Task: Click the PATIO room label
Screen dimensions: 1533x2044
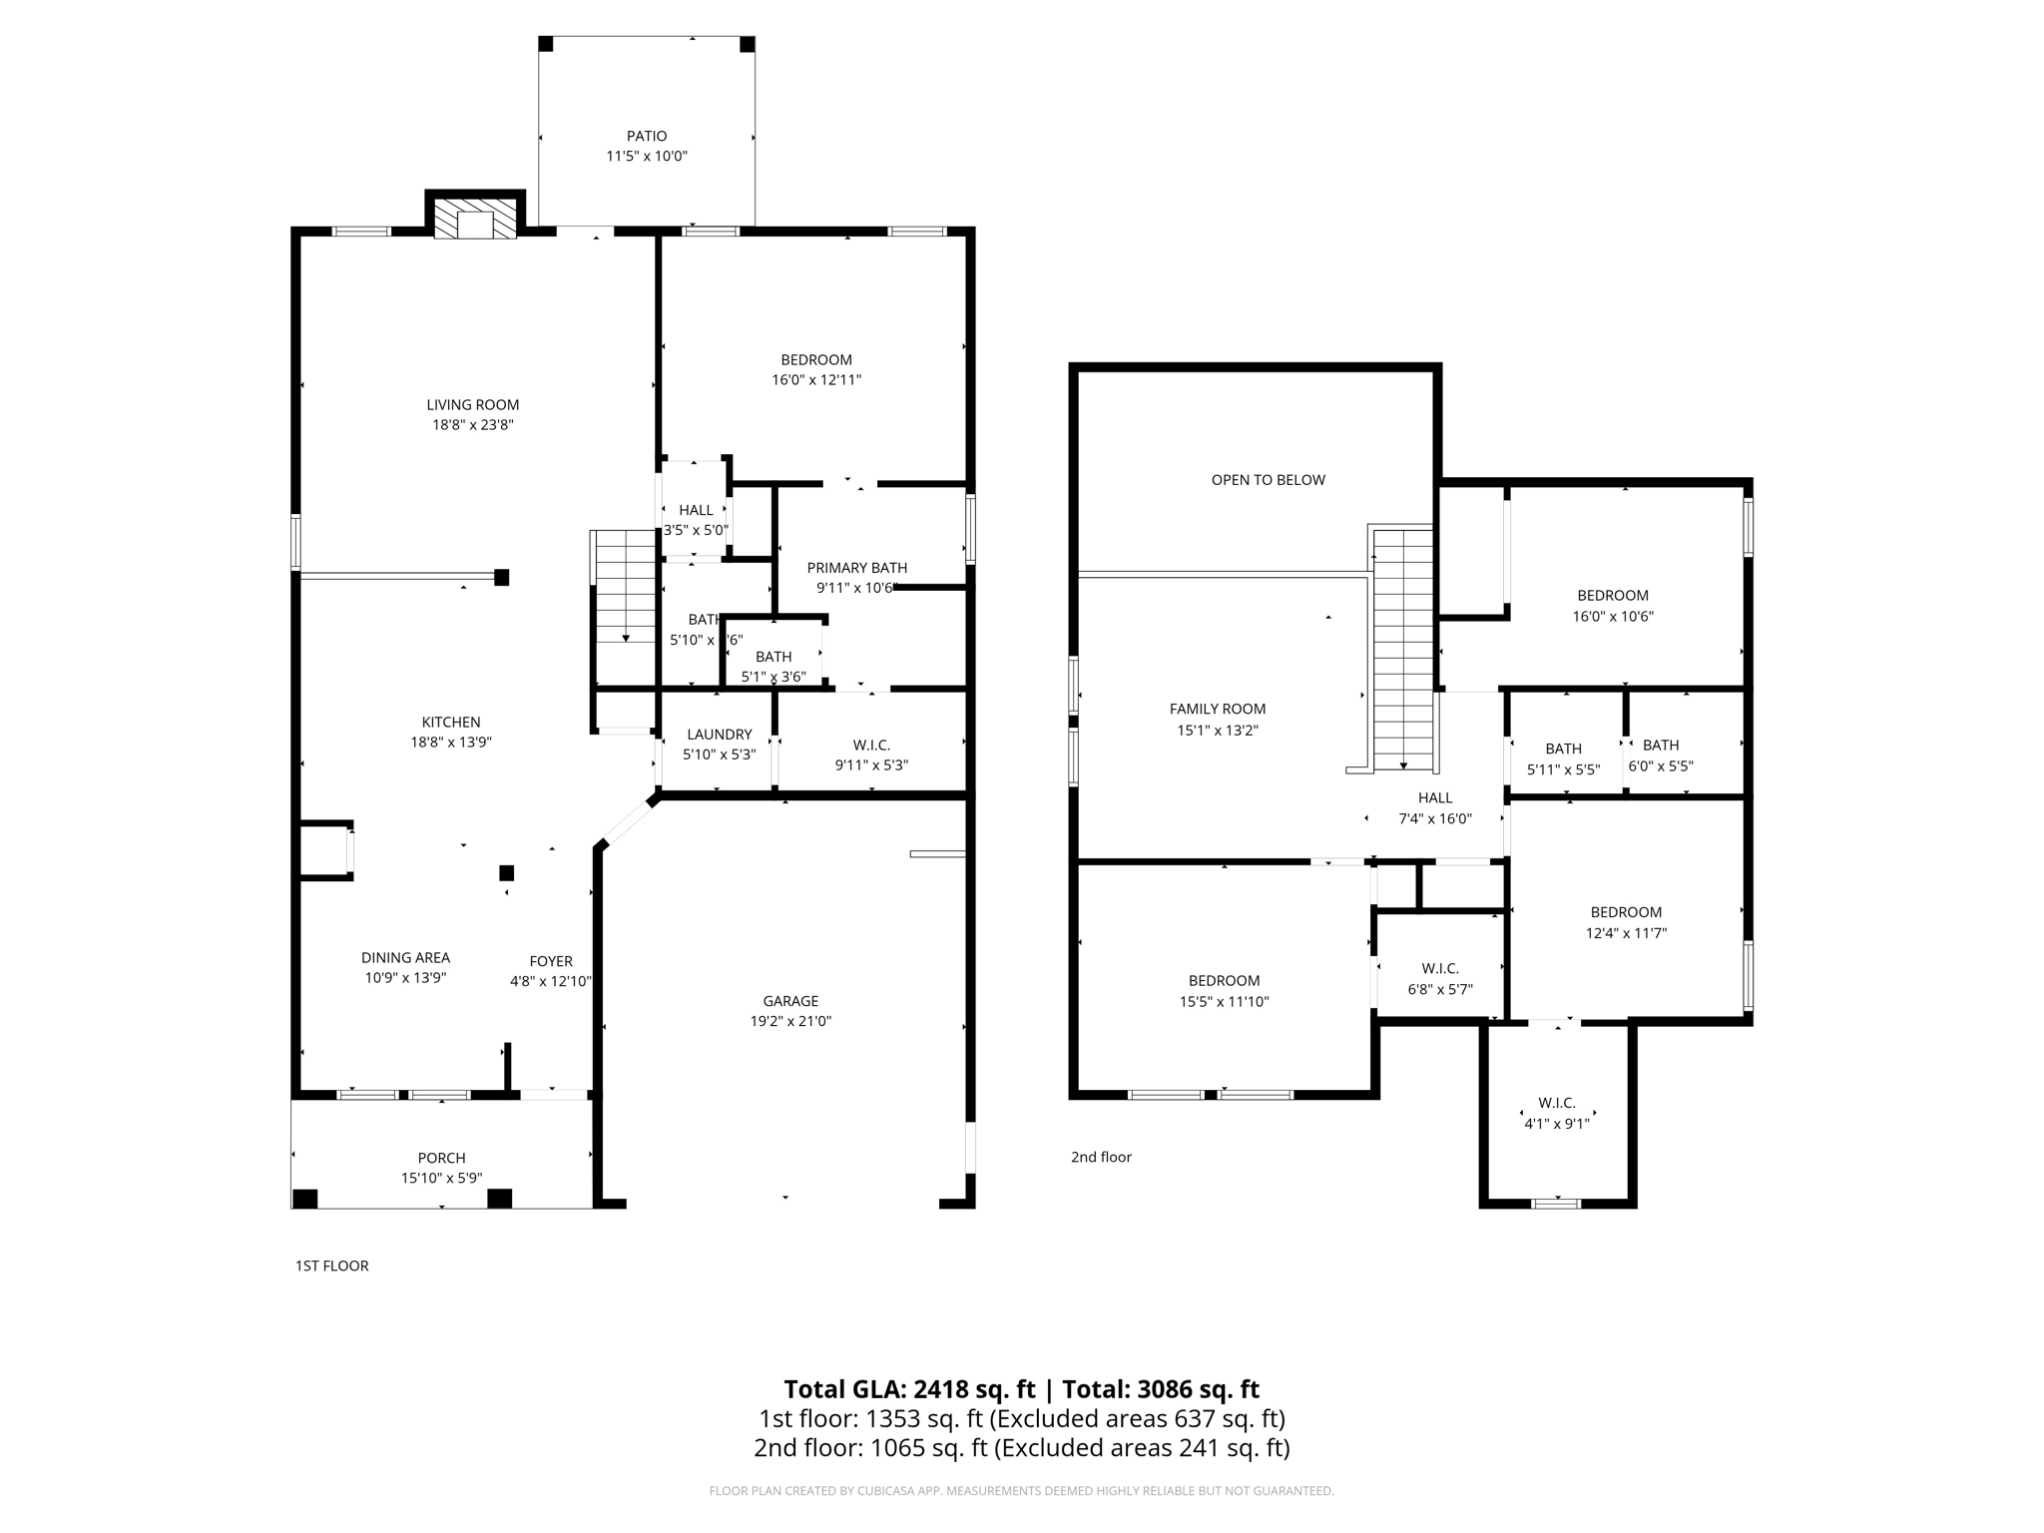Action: point(647,136)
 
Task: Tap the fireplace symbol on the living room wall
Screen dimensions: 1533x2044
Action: point(476,219)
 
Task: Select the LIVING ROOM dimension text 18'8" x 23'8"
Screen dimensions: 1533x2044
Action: point(472,425)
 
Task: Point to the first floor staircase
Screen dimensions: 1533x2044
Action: point(624,589)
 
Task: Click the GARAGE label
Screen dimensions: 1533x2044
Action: point(790,1001)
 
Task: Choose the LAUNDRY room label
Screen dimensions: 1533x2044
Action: point(719,735)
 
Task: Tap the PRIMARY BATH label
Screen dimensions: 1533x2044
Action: point(856,568)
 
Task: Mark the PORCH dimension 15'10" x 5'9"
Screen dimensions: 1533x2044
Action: point(441,1178)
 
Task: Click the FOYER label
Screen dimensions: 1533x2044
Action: point(551,961)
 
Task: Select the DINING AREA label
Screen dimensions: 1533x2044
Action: point(405,958)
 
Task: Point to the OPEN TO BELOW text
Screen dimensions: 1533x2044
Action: point(1268,480)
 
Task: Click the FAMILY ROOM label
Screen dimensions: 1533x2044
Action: point(1217,710)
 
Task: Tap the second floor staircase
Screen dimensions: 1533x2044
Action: point(1403,649)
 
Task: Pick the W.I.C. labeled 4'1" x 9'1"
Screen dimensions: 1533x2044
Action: point(1556,1113)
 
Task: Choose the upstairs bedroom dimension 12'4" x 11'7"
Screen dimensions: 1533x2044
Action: point(1626,934)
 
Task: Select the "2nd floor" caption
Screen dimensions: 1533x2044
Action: point(1101,1158)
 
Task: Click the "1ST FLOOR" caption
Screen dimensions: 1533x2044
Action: point(331,1267)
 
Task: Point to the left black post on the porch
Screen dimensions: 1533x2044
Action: point(305,1199)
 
